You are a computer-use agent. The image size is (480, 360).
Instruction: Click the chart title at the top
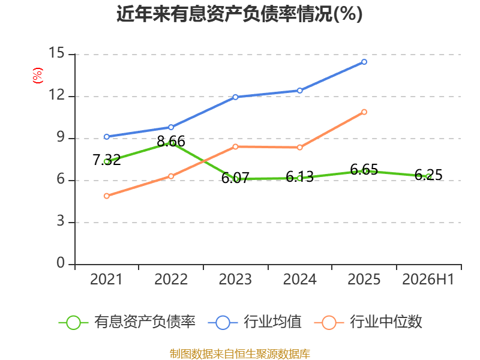[239, 14]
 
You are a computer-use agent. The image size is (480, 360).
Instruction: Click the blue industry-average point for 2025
[364, 62]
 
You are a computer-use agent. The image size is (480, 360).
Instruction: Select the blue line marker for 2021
[107, 137]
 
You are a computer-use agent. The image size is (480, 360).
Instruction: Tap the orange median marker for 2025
[364, 112]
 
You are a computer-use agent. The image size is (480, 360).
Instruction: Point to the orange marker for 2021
[107, 196]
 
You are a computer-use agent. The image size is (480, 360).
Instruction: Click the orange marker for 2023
[235, 146]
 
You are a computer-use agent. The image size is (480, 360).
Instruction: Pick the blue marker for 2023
[235, 97]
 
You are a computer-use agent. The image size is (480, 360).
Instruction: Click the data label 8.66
[171, 142]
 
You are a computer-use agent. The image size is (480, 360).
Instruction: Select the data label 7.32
[107, 160]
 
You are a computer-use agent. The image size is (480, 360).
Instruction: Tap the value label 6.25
[428, 175]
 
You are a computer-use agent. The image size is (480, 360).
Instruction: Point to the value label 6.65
[364, 169]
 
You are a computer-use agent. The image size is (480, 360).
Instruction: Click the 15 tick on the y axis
[56, 53]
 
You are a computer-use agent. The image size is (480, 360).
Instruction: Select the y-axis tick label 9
[61, 137]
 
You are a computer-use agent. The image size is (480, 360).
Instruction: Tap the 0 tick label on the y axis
[61, 263]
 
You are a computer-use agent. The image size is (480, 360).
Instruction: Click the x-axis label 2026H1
[428, 279]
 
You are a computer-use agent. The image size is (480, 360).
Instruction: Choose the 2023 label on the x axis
[235, 279]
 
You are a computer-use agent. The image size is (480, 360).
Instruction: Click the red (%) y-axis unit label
[37, 76]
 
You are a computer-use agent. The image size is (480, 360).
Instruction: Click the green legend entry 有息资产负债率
[127, 322]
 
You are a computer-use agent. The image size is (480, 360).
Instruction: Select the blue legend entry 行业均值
[254, 322]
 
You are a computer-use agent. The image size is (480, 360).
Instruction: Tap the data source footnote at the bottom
[240, 354]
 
